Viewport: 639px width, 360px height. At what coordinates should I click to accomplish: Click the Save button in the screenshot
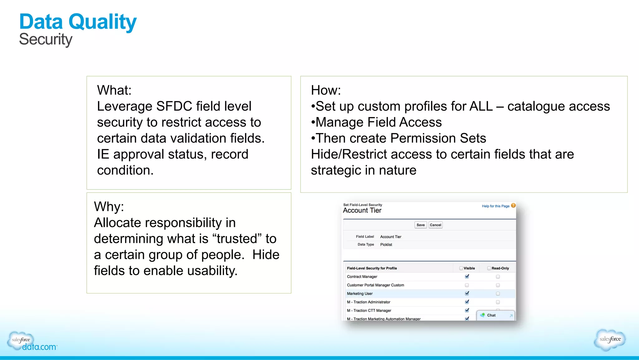420,225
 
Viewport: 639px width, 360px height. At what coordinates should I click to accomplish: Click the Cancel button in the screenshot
435,225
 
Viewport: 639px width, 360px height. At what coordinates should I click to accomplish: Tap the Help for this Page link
495,206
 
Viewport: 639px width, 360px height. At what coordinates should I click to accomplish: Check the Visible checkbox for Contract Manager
467,276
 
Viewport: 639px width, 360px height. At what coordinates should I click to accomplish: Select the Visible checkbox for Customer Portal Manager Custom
467,285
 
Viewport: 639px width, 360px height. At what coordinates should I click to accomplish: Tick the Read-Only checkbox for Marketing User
498,293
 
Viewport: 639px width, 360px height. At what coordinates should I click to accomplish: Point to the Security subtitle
46,40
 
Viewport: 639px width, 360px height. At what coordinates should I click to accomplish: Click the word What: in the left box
114,90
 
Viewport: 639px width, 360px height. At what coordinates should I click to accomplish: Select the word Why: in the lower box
109,207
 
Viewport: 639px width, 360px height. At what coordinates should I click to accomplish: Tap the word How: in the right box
326,90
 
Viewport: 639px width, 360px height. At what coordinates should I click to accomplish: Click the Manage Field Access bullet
378,122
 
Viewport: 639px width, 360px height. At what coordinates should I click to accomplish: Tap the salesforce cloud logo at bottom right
610,339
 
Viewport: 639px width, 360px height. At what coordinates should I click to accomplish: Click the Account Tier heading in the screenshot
362,210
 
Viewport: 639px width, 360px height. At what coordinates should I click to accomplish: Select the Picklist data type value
386,244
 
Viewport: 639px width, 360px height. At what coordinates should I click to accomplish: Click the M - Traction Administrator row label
368,302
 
